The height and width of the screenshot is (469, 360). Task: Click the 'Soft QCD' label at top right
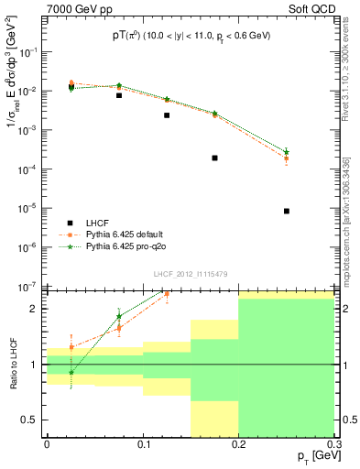pyautogui.click(x=311, y=7)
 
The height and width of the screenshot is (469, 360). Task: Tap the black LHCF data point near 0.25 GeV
pyautogui.click(x=286, y=211)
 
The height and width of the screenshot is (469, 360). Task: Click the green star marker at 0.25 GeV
pyautogui.click(x=286, y=151)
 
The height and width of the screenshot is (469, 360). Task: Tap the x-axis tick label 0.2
pyautogui.click(x=238, y=445)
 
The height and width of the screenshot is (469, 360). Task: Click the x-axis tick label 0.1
pyautogui.click(x=143, y=445)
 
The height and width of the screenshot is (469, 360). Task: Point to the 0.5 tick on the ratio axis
pyautogui.click(x=33, y=420)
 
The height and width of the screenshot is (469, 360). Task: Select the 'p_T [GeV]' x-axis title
pyautogui.click(x=311, y=456)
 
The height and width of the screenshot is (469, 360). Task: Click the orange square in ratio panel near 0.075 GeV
pyautogui.click(x=119, y=327)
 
